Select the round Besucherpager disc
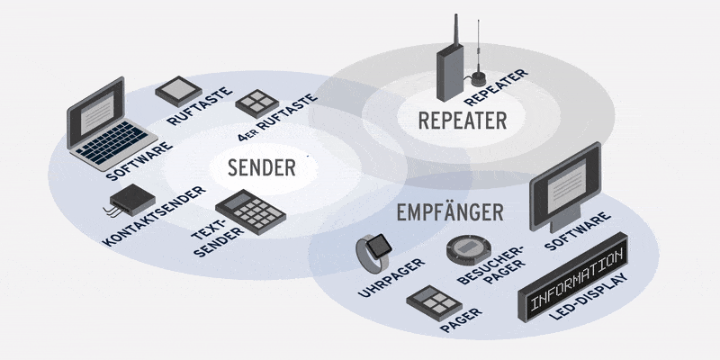(x=469, y=248)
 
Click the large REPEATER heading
(x=463, y=120)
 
